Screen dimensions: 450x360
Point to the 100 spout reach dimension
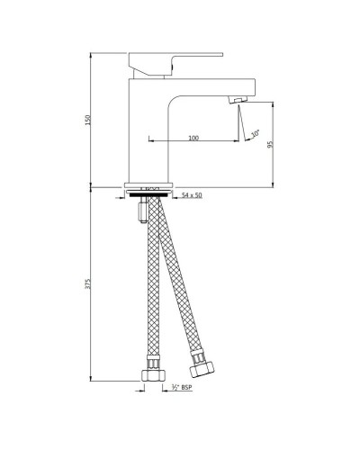tap(193, 137)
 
